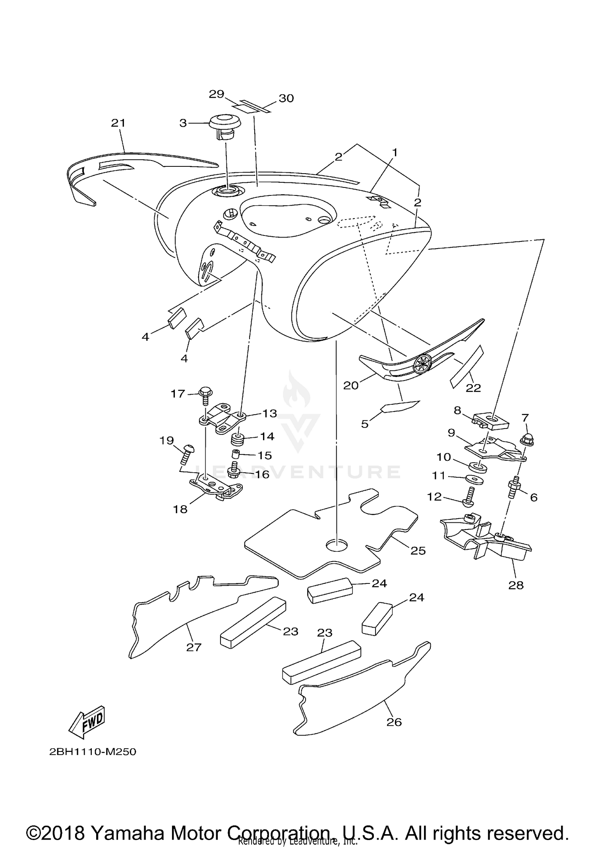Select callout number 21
(118, 123)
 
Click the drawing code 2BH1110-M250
(93, 752)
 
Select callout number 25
(418, 551)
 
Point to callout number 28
(516, 585)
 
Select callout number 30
(286, 98)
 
